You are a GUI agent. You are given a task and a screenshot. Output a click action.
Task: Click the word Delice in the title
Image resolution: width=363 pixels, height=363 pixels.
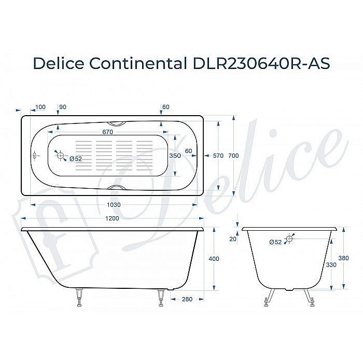(x=58, y=63)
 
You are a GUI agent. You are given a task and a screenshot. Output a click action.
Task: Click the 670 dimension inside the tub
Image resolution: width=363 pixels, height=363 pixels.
(x=107, y=132)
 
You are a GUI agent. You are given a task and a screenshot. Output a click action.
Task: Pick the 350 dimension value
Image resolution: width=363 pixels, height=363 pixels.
(x=175, y=156)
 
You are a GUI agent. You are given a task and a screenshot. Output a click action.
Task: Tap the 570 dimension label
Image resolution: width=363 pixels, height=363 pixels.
(x=218, y=156)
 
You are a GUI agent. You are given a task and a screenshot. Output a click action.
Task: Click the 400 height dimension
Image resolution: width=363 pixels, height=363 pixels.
(x=214, y=259)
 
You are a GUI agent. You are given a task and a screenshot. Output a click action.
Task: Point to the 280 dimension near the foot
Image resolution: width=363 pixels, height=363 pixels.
(x=188, y=299)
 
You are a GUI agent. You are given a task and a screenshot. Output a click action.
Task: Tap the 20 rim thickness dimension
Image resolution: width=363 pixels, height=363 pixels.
(x=233, y=239)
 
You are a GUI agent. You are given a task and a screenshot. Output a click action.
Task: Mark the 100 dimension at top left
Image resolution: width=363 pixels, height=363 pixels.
(x=40, y=107)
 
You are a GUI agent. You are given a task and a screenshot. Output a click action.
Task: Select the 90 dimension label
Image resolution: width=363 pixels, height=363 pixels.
(x=63, y=107)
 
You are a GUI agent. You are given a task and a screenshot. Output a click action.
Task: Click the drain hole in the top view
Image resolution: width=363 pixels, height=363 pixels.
(x=60, y=156)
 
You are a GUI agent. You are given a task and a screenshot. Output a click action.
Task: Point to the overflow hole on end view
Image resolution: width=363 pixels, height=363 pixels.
(x=289, y=240)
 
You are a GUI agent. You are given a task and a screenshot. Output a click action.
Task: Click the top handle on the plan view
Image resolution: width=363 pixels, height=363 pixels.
(x=119, y=124)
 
